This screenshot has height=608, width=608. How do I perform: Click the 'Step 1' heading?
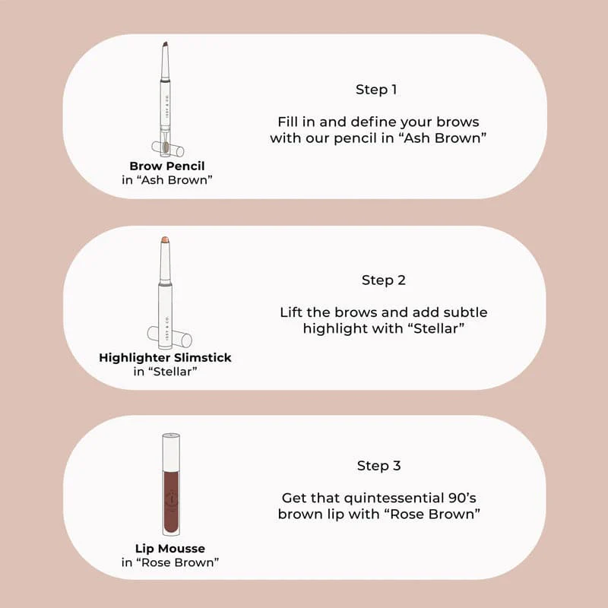pos(376,90)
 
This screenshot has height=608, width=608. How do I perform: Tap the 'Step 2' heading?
pos(384,280)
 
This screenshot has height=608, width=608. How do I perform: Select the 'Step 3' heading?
pos(378,465)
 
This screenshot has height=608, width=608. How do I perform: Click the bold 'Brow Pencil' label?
pos(167,166)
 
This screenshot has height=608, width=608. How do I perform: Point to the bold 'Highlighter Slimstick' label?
pos(165,357)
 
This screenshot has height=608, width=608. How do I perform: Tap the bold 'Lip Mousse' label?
pos(170,548)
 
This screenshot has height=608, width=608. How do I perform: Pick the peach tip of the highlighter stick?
pos(165,239)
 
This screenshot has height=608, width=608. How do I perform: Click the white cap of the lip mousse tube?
pos(171,452)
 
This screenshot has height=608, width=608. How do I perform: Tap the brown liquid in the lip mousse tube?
pos(171,502)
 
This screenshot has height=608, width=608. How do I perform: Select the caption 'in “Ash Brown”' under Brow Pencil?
pos(167,180)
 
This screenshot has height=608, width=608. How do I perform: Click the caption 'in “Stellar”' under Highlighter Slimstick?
pos(165,372)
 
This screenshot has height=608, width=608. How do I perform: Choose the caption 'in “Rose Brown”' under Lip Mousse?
pos(170,562)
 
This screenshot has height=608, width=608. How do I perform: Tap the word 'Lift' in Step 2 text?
pos(290,312)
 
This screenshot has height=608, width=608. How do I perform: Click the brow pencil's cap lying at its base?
pos(167,148)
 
